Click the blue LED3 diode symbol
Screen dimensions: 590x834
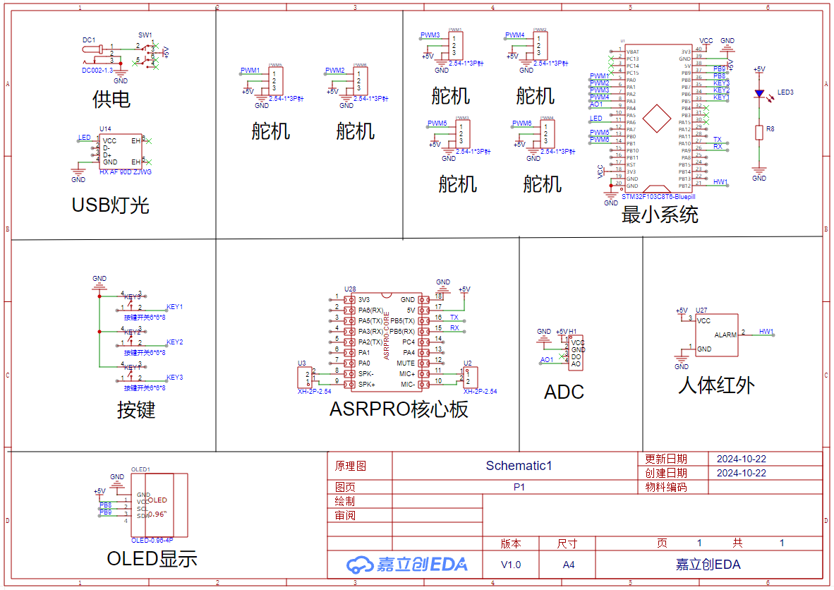tap(759, 93)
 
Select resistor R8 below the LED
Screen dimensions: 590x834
tap(759, 132)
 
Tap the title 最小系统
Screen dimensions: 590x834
tap(660, 215)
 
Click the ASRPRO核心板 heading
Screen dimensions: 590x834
tap(399, 409)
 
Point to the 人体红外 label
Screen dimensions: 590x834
tap(716, 385)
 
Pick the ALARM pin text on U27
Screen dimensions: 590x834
tap(725, 335)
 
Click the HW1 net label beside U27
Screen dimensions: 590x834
tap(766, 331)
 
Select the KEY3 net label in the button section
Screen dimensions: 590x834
tap(175, 377)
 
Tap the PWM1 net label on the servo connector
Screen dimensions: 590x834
tap(250, 71)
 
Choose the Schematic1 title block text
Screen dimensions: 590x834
tap(518, 466)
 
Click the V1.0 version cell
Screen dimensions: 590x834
tap(510, 565)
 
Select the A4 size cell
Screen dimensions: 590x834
tap(568, 565)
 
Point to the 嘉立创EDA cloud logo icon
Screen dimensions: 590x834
tap(359, 564)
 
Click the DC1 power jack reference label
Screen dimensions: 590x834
tap(88, 40)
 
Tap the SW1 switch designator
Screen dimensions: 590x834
tap(145, 35)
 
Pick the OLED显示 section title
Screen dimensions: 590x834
tap(152, 559)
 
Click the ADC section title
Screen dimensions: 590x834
tap(564, 392)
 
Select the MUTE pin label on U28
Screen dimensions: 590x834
tap(406, 363)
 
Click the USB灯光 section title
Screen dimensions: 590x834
tap(111, 205)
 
